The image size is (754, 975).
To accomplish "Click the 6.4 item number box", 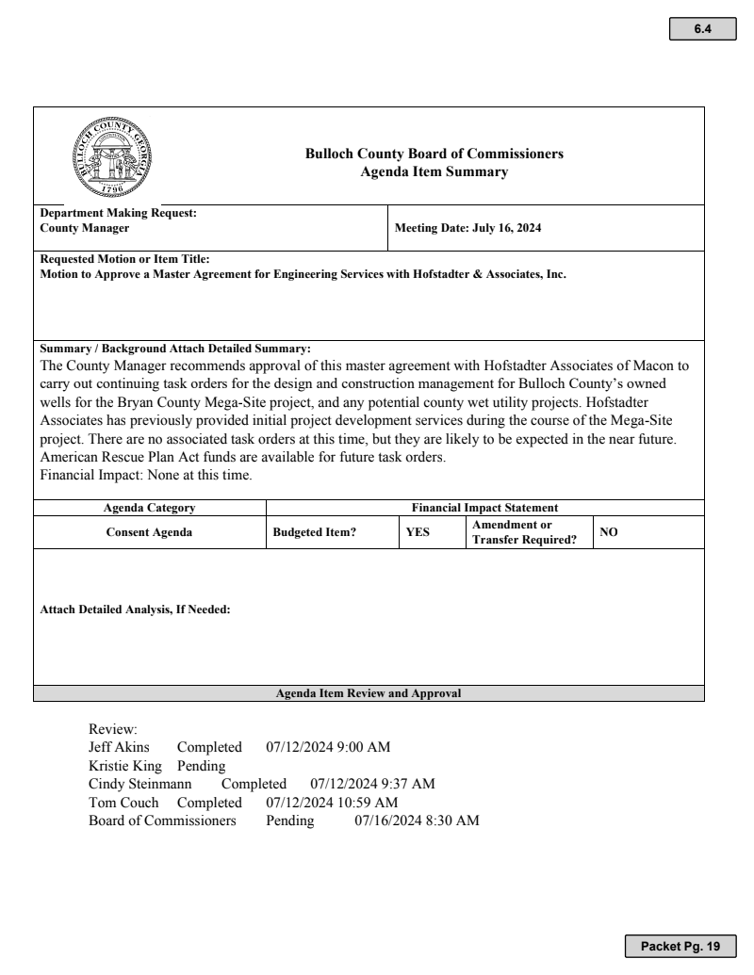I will [702, 30].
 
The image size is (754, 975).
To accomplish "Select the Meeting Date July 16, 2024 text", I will [467, 228].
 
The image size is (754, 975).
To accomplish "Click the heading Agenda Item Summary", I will [434, 171].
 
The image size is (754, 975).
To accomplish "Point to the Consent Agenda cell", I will [149, 532].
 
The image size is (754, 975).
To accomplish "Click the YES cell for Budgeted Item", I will [418, 532].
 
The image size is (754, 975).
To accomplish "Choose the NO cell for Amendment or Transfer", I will [609, 532].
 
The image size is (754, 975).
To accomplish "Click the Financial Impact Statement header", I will [484, 509].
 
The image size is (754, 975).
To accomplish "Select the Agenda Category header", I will [149, 509].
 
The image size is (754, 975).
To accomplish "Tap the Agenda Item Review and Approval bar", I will [369, 693].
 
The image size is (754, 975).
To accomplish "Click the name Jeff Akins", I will [119, 748].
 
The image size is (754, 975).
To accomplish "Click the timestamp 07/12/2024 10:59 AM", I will [332, 802].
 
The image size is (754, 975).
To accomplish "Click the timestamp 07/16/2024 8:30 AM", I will [417, 821].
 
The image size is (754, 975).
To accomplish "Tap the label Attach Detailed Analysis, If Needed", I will [135, 609].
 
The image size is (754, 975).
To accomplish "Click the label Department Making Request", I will [118, 214].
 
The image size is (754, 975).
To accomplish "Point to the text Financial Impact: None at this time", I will [145, 476].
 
